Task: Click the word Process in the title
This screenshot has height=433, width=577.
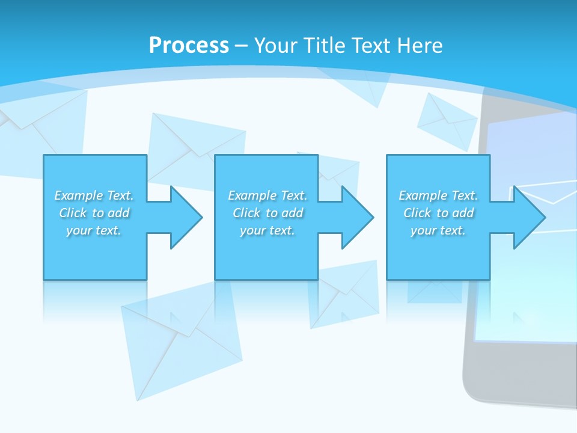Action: (x=189, y=45)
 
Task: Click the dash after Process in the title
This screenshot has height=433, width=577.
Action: (x=242, y=46)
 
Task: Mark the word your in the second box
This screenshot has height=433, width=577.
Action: (x=252, y=230)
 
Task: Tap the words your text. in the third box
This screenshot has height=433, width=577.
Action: (x=438, y=230)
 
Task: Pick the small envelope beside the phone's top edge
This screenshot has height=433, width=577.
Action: (x=446, y=120)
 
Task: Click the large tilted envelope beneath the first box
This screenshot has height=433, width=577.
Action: (x=180, y=343)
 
